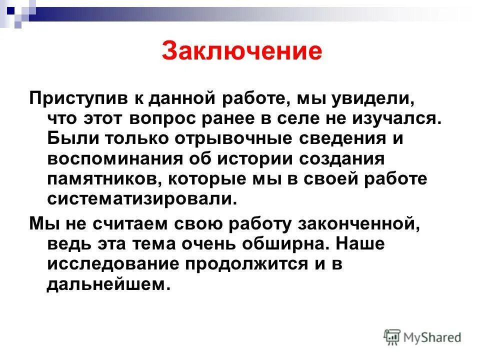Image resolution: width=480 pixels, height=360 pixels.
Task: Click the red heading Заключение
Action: (241, 52)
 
